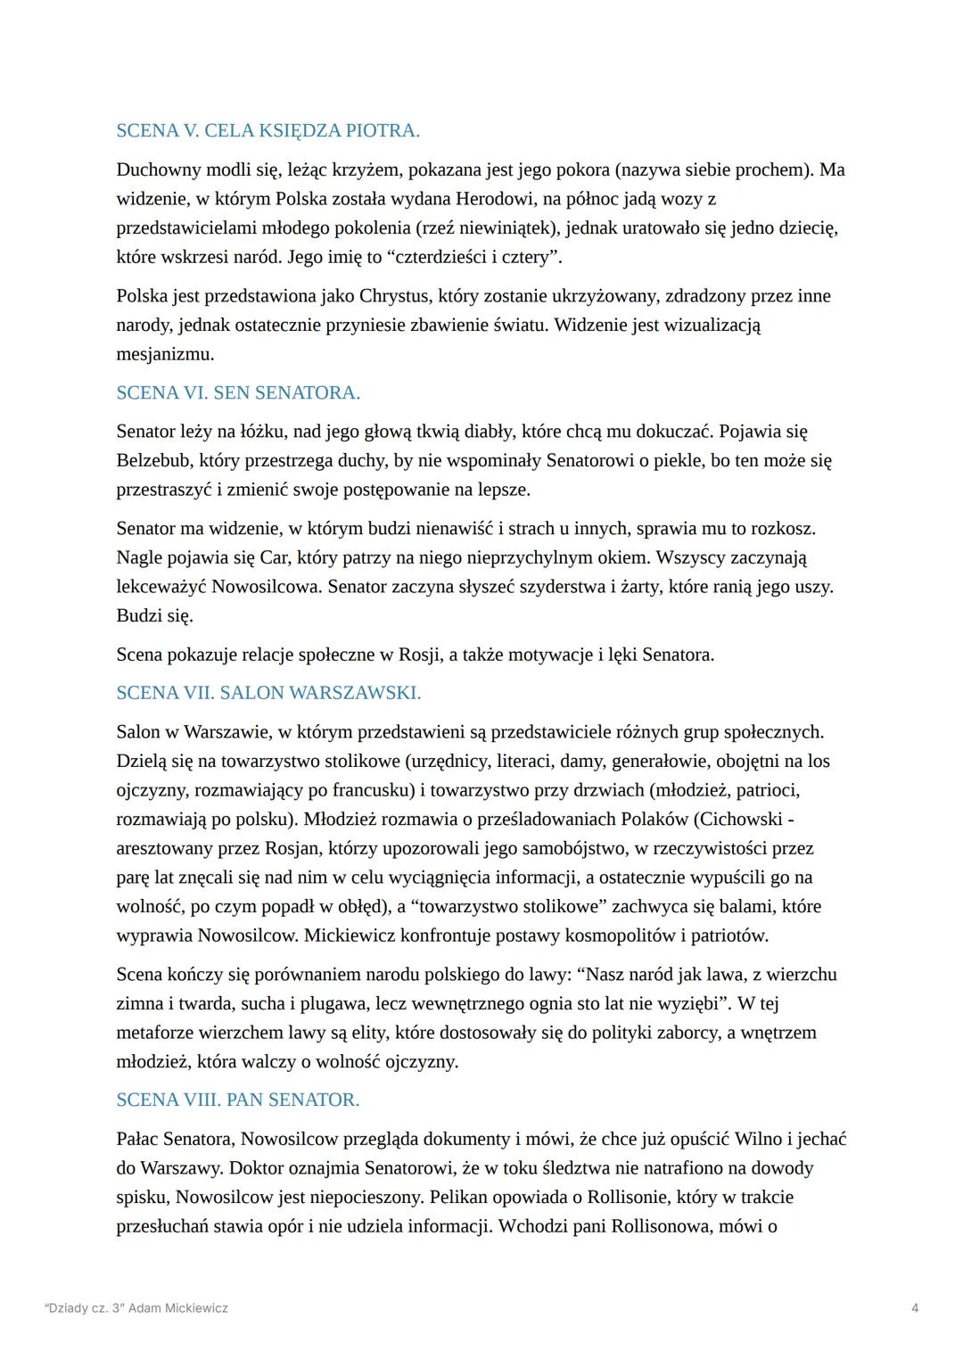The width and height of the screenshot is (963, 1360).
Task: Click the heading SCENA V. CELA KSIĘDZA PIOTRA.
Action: click(267, 131)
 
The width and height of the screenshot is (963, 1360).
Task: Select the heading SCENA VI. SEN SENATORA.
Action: click(238, 392)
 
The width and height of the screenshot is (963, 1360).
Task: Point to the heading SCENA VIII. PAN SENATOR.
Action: click(238, 1100)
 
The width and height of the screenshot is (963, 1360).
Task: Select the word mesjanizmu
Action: click(165, 354)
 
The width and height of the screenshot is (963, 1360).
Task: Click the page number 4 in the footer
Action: click(916, 1308)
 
